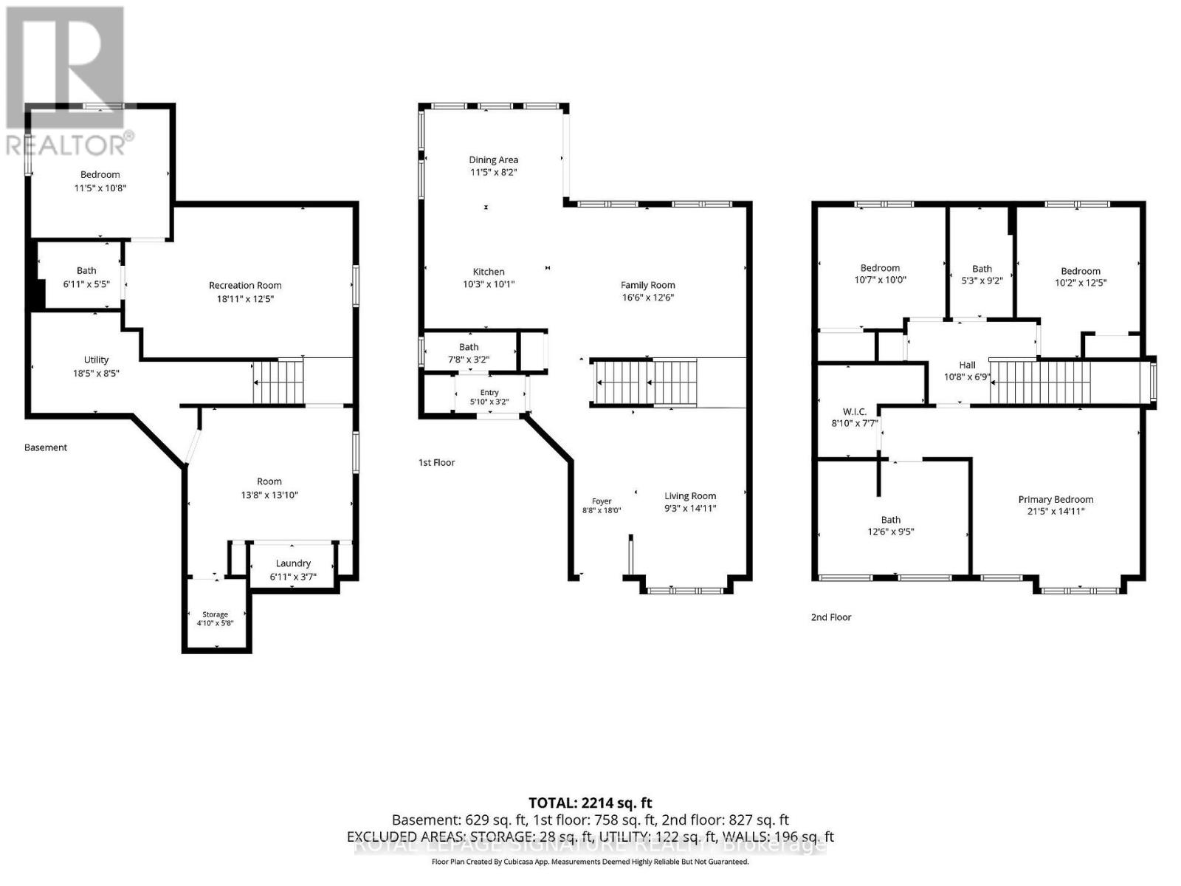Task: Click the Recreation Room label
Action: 245,285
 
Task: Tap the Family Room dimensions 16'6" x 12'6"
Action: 648,298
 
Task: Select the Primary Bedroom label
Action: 1056,499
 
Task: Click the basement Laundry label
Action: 293,563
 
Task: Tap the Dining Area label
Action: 493,159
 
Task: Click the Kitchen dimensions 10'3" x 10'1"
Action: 489,284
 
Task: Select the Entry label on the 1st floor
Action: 489,393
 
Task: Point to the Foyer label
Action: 602,501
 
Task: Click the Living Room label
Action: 689,496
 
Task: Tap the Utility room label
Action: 96,360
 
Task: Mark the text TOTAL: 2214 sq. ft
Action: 590,803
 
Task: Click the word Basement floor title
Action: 46,447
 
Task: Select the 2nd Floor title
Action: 830,617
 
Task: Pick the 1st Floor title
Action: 436,463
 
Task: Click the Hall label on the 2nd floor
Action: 967,365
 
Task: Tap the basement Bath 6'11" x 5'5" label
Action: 86,277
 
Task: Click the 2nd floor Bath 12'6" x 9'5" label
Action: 890,526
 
